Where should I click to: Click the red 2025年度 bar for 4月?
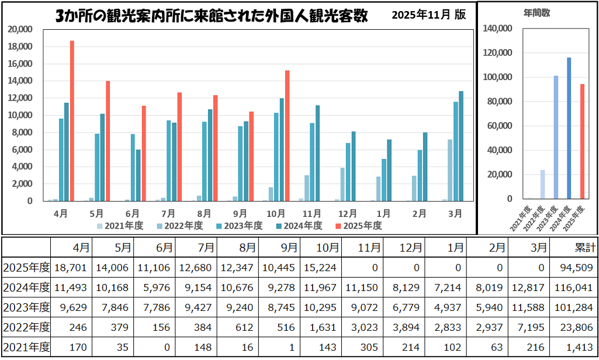click(x=72, y=121)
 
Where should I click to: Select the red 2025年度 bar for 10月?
click(x=287, y=136)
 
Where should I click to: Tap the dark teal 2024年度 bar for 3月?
click(x=460, y=146)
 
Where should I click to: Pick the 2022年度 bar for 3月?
click(x=449, y=170)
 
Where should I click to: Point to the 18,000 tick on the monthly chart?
click(x=25, y=47)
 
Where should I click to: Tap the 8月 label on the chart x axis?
click(x=205, y=214)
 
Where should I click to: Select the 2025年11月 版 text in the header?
click(x=429, y=15)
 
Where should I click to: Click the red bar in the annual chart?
click(x=582, y=141)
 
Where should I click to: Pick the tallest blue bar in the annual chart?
click(x=569, y=128)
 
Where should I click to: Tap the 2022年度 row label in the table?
click(x=26, y=327)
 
